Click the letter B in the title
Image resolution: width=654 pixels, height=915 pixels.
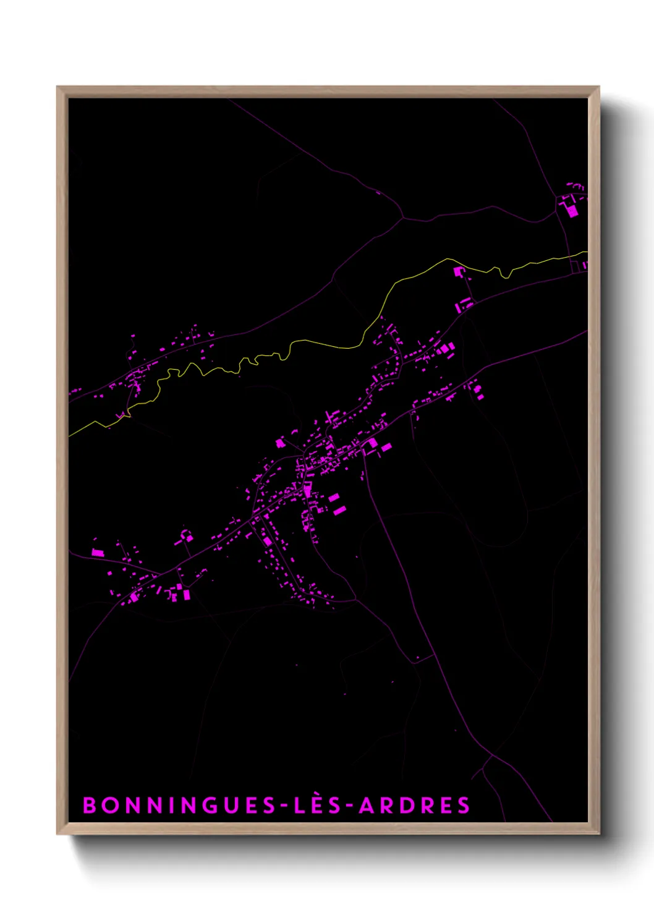[90, 805]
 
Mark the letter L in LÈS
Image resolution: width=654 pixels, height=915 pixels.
[299, 805]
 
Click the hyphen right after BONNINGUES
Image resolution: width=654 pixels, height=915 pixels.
[284, 806]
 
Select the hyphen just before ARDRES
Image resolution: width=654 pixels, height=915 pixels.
[350, 806]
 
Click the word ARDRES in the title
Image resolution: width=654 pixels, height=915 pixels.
[415, 805]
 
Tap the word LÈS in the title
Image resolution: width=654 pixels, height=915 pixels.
[316, 805]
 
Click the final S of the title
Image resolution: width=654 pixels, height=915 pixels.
[464, 805]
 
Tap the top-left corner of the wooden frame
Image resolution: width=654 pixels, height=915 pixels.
[58, 88]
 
